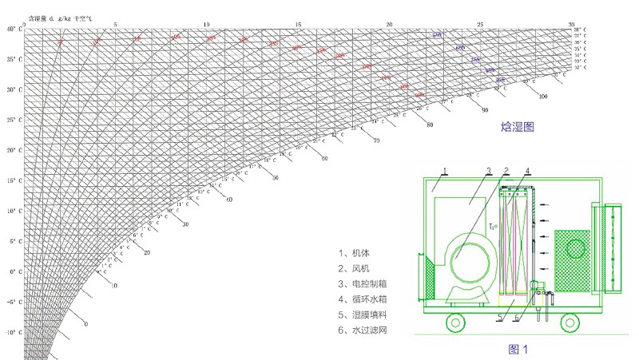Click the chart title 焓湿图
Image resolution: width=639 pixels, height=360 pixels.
tap(517, 127)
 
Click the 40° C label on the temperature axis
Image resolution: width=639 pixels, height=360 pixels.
tap(11, 29)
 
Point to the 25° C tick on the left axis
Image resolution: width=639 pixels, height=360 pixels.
tap(11, 120)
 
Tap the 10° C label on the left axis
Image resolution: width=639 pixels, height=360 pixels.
tap(11, 212)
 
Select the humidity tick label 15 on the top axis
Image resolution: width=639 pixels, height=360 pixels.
tap(298, 24)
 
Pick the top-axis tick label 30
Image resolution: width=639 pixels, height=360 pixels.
tap(571, 24)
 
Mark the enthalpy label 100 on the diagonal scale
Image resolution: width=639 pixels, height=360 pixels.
tap(543, 97)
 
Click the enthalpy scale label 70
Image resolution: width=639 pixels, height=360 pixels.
tap(376, 140)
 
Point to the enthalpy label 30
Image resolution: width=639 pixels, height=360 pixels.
tap(185, 224)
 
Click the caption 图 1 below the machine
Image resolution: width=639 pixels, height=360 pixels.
tap(519, 349)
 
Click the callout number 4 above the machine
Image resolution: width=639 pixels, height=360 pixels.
tap(527, 171)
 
